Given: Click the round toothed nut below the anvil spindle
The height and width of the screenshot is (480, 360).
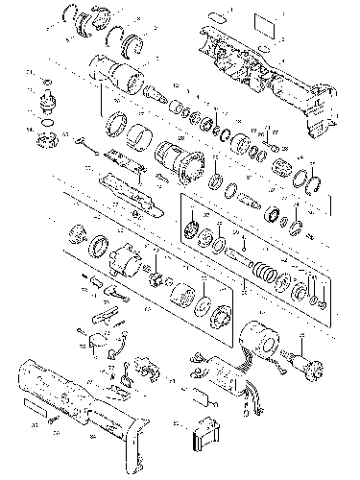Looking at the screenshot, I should [x=44, y=140].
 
